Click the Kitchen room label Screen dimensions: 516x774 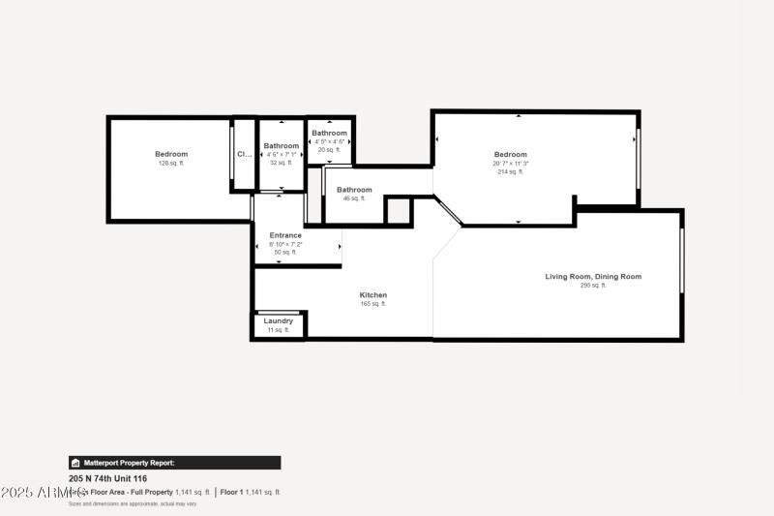tap(373, 295)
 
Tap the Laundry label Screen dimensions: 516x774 tap(278, 320)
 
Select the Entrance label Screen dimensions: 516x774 tap(285, 235)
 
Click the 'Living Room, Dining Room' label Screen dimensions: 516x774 tap(592, 277)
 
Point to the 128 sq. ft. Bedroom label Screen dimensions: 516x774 tap(171, 154)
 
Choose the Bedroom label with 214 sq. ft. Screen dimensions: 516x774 tap(511, 155)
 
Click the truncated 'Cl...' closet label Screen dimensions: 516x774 tap(244, 154)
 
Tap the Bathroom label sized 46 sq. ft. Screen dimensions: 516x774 tap(354, 190)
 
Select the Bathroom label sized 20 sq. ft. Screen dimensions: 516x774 tap(329, 133)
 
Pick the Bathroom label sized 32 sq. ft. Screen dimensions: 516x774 tap(281, 146)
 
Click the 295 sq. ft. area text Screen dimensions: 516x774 tap(592, 286)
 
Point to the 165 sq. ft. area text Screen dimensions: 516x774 tap(373, 304)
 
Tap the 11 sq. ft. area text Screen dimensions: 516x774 tap(278, 330)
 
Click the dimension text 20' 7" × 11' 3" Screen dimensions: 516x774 tap(511, 164)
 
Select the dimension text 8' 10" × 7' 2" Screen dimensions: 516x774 tap(285, 244)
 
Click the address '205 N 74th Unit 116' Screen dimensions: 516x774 tap(107, 477)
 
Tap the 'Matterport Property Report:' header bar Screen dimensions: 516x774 tap(174, 463)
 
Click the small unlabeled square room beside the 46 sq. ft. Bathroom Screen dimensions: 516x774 tap(398, 211)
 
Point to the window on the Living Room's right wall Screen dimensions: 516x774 tap(681, 259)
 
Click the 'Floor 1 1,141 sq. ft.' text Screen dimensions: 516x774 tap(251, 492)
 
